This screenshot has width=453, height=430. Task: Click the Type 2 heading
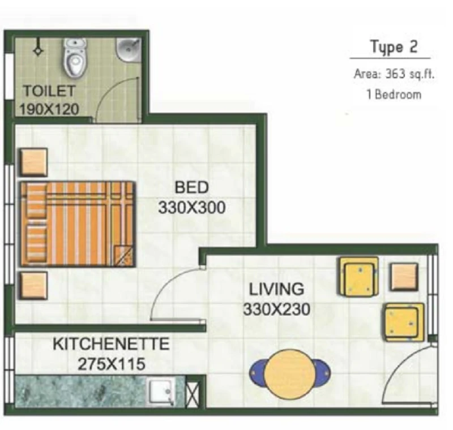click(394, 47)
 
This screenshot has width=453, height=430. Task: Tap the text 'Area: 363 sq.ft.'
click(394, 74)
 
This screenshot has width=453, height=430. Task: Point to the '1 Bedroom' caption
click(394, 94)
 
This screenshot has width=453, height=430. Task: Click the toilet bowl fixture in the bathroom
click(75, 58)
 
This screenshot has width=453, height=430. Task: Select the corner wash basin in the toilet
click(129, 50)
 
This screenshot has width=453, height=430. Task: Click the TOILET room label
click(49, 91)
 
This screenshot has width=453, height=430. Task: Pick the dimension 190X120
click(49, 109)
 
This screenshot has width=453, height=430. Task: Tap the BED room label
click(191, 187)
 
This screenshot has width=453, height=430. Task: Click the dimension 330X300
click(191, 207)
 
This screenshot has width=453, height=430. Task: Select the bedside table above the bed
click(33, 162)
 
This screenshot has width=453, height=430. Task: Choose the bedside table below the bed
click(33, 286)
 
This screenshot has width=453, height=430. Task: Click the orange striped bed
click(78, 224)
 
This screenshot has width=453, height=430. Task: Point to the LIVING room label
click(276, 289)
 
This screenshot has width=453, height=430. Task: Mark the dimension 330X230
click(276, 309)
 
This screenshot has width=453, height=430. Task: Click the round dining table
click(290, 374)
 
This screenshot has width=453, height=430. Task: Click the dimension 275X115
click(111, 364)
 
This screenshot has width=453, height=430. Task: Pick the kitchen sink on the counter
click(161, 391)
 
